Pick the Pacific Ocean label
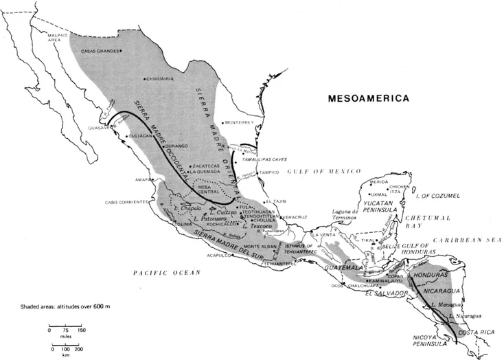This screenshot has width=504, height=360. (168, 273)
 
